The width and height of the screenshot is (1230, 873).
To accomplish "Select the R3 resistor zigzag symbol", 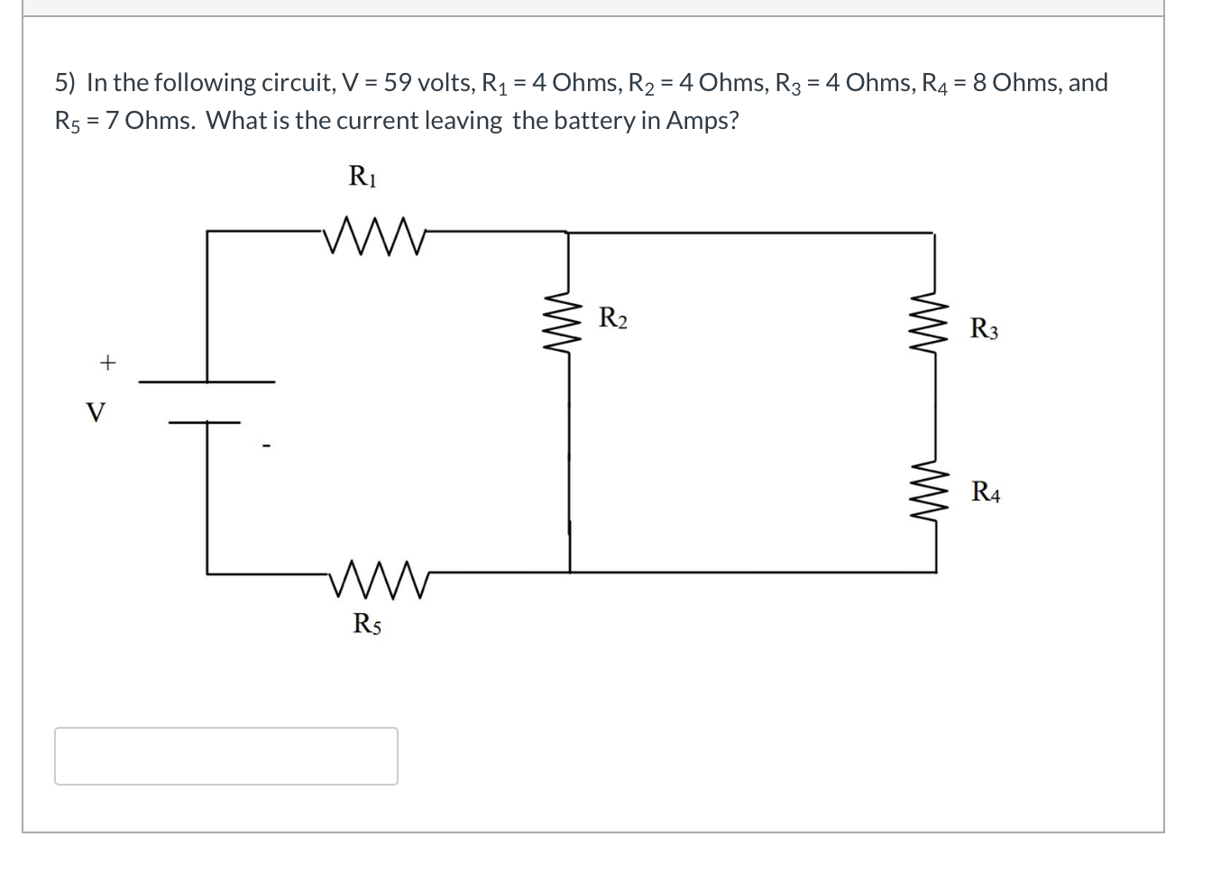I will click(934, 325).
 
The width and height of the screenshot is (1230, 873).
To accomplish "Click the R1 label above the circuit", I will click(363, 176).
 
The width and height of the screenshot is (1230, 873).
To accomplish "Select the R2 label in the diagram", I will click(613, 318).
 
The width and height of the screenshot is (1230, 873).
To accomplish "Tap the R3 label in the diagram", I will click(984, 329).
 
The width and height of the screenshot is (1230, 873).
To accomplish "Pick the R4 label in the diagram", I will click(985, 492).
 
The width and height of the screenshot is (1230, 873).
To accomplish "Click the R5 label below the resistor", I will click(366, 623).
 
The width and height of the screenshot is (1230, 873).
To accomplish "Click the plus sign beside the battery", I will click(107, 363).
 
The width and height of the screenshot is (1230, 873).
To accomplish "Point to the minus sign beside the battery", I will click(265, 445).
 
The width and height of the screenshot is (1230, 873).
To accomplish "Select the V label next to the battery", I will click(95, 413).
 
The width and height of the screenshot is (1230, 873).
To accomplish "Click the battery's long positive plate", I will click(207, 381).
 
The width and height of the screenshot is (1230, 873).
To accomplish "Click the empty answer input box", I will click(225, 756).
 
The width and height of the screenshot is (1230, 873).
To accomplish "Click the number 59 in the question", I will click(398, 83).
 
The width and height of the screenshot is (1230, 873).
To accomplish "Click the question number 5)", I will click(66, 83).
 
